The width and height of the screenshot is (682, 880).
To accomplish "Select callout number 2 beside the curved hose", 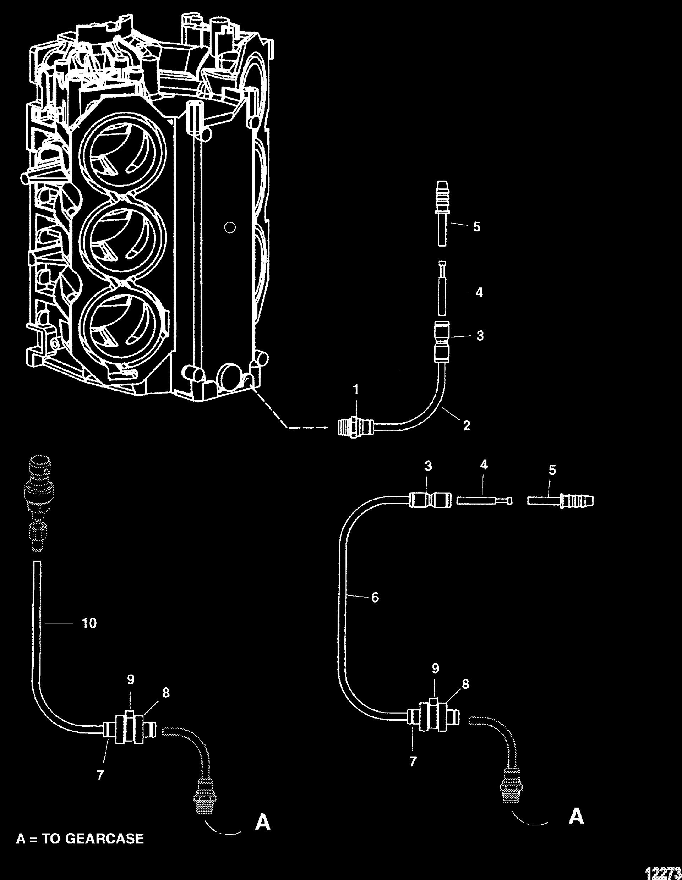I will (x=467, y=425).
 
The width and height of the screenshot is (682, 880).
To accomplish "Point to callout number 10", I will (x=89, y=623).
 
